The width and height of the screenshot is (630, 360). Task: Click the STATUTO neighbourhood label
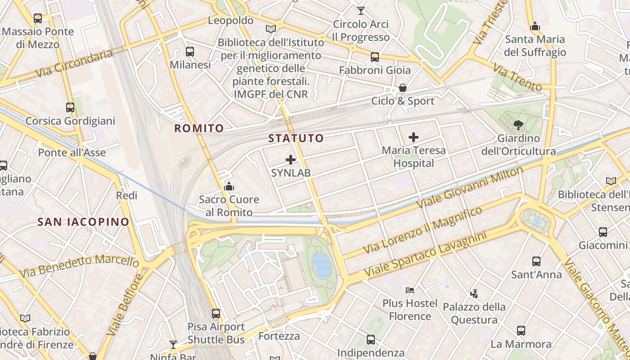[x=296, y=138]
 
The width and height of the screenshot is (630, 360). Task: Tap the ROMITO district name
[x=199, y=128]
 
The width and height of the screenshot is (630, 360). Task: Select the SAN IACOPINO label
[x=83, y=222]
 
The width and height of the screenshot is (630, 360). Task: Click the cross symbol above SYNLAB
[x=291, y=159]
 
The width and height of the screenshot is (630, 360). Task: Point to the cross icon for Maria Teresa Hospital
[x=414, y=137]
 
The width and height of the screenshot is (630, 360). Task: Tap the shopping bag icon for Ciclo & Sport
[x=403, y=88]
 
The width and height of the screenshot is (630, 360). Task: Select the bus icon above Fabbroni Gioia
[x=375, y=57]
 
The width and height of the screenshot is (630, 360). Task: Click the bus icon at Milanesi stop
[x=190, y=52]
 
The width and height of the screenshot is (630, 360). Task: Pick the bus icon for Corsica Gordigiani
[x=70, y=108]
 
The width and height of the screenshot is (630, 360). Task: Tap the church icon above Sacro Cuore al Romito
[x=229, y=186]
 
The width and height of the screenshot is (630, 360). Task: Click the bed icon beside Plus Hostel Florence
[x=410, y=290]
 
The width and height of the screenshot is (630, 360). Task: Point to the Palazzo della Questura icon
[x=474, y=294]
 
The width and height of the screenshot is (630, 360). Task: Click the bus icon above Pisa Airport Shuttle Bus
[x=216, y=313]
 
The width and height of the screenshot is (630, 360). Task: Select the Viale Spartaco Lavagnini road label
[x=425, y=255]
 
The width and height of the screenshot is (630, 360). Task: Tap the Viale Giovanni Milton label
[x=470, y=187]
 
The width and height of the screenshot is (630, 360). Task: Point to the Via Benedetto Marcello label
[x=79, y=266]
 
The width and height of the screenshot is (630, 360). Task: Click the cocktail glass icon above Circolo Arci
[x=360, y=10]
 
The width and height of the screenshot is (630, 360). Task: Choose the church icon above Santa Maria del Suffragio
[x=535, y=26]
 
